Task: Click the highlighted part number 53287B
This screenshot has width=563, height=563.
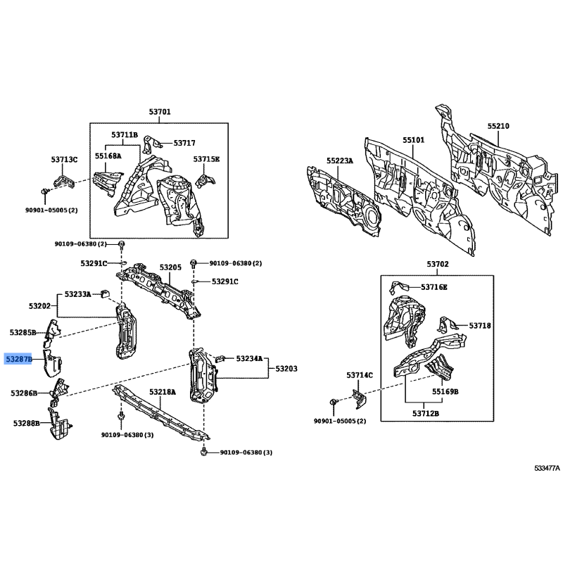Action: click(18, 359)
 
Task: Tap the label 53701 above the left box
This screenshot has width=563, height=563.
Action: click(160, 112)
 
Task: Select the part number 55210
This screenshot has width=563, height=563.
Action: click(498, 126)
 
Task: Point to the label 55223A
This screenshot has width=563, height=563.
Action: click(340, 160)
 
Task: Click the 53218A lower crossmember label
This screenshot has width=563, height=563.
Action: click(163, 392)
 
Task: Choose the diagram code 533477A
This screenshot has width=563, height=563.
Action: click(547, 468)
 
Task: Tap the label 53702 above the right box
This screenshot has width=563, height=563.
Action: click(438, 265)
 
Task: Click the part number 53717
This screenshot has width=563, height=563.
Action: click(184, 143)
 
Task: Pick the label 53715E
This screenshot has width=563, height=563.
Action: click(206, 159)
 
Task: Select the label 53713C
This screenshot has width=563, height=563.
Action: click(64, 160)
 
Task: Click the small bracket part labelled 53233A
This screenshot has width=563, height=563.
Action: click(105, 293)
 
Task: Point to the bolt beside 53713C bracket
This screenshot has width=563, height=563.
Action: click(44, 191)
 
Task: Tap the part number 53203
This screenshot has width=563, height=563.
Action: click(286, 369)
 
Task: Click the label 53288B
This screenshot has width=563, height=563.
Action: click(27, 424)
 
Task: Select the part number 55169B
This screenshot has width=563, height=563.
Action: click(445, 392)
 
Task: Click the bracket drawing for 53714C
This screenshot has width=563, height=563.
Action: click(359, 399)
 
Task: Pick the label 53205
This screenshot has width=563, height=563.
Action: click(170, 267)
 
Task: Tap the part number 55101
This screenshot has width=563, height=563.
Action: click(413, 139)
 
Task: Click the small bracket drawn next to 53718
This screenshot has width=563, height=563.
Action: click(446, 324)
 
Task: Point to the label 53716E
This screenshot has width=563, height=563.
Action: click(434, 287)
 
